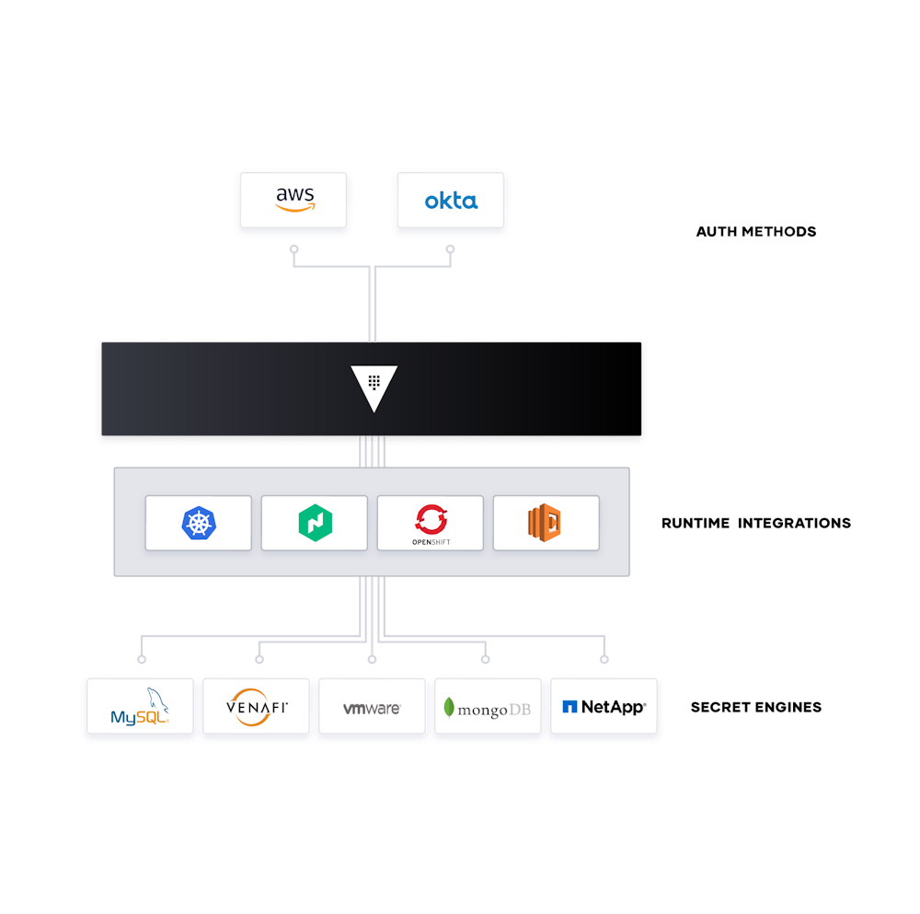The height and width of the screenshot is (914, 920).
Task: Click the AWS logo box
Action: point(293,200)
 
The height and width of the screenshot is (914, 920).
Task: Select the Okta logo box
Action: point(450,200)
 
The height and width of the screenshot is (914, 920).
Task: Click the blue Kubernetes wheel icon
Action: point(198,523)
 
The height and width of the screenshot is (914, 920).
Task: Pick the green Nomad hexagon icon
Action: point(314,523)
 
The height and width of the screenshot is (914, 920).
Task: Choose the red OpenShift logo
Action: point(430,519)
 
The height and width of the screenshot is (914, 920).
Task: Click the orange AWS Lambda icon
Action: point(545,523)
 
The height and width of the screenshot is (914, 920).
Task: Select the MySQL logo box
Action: point(140,707)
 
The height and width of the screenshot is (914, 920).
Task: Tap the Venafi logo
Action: point(256,707)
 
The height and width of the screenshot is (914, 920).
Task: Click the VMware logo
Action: point(372,708)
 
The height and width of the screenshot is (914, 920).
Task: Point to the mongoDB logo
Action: point(488,708)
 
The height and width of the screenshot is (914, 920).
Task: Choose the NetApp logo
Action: point(604,707)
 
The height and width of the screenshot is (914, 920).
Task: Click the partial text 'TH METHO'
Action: point(754,232)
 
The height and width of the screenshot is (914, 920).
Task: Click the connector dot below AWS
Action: point(293,249)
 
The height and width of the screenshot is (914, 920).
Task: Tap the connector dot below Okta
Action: point(450,249)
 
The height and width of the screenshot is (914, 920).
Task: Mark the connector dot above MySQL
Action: point(141,659)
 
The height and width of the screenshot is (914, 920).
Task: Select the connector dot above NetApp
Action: point(604,659)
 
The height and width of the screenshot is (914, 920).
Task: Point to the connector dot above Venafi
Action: point(259,659)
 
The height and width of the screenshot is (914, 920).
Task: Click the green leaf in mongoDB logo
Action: point(449,707)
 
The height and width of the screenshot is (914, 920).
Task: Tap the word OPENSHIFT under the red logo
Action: point(430,543)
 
